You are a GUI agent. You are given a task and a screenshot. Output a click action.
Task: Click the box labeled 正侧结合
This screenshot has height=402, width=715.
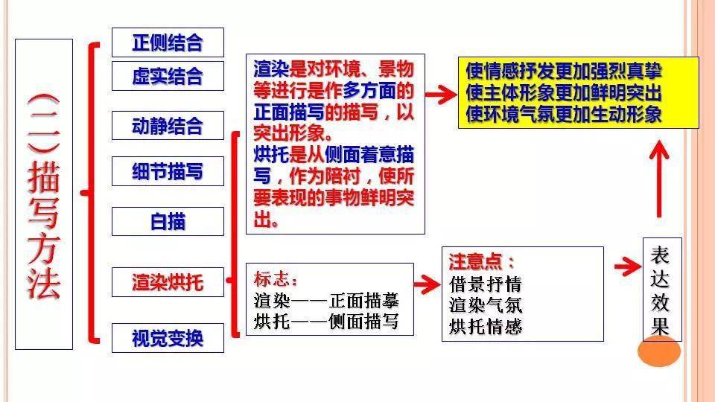pyautogui.click(x=168, y=42)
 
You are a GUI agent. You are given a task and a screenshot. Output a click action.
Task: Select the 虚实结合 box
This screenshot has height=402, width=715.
pyautogui.click(x=168, y=76)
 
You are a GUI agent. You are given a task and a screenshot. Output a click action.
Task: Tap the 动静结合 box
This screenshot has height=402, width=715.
pyautogui.click(x=168, y=125)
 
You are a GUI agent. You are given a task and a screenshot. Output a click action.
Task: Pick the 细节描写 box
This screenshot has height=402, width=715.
pyautogui.click(x=168, y=171)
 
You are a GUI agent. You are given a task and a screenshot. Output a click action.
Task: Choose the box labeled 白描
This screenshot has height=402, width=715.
pyautogui.click(x=168, y=222)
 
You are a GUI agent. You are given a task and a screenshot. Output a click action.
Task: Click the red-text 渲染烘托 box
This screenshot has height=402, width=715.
pyautogui.click(x=168, y=282)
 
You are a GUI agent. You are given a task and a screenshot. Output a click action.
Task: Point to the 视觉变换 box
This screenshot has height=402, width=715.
pyautogui.click(x=168, y=338)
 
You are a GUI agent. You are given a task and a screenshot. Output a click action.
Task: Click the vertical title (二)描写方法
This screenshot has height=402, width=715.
pyautogui.click(x=44, y=196)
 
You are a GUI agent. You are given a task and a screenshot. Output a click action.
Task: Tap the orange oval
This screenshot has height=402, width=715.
pyautogui.click(x=659, y=351)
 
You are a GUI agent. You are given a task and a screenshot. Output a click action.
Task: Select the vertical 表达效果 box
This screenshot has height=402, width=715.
pyautogui.click(x=662, y=290)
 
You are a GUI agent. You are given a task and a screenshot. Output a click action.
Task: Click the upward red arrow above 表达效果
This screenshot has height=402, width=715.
pyautogui.click(x=659, y=179)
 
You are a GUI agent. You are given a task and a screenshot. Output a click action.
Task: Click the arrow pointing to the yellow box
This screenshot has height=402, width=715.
pyautogui.click(x=441, y=95)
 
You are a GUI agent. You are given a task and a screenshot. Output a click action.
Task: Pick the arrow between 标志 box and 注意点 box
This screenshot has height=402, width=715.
pyautogui.click(x=428, y=284)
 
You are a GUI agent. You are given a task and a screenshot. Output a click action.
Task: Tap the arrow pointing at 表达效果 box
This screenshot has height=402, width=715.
pyautogui.click(x=628, y=267)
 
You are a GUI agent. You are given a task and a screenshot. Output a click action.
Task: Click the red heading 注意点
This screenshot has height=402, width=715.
pyautogui.click(x=481, y=261)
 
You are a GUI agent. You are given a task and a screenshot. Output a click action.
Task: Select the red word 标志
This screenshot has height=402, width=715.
pyautogui.click(x=276, y=278)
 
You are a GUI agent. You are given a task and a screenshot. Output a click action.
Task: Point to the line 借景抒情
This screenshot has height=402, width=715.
pyautogui.click(x=485, y=284)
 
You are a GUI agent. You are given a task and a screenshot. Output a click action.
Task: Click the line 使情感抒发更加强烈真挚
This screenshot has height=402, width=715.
pyautogui.click(x=564, y=71)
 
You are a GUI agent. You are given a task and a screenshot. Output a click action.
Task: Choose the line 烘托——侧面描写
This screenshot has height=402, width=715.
pyautogui.click(x=326, y=322)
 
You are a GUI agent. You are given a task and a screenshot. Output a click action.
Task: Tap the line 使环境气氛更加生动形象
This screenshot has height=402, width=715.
pyautogui.click(x=564, y=114)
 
